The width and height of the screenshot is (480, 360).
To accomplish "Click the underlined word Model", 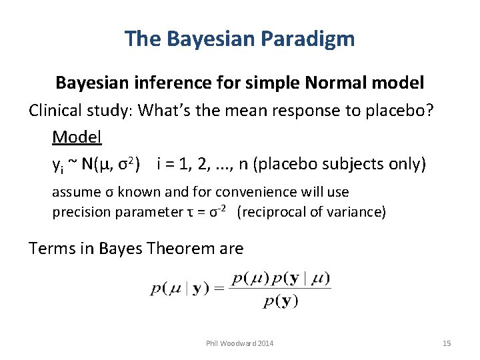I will pyautogui.click(x=77, y=137).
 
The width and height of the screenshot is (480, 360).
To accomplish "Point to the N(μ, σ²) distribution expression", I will pyautogui.click(x=114, y=164).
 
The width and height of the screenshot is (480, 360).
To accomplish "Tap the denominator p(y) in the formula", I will pyautogui.click(x=280, y=301).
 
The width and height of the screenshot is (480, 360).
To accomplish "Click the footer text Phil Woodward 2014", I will pyautogui.click(x=239, y=343).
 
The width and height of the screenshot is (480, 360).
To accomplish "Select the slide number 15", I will pyautogui.click(x=447, y=343).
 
